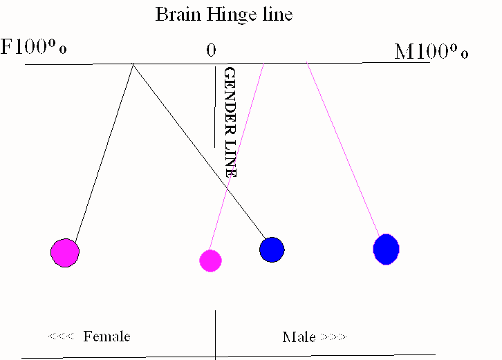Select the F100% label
[x=34, y=49]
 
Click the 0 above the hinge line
[x=211, y=50]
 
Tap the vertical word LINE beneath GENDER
[x=231, y=156]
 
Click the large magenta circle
[x=65, y=252]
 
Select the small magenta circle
[x=210, y=260]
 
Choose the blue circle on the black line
[x=272, y=249]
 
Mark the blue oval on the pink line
[x=386, y=249]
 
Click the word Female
[x=106, y=337]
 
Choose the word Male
[x=299, y=337]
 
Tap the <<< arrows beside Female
[x=60, y=337]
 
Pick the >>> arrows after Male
[x=333, y=337]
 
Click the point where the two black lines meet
[x=133, y=65]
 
